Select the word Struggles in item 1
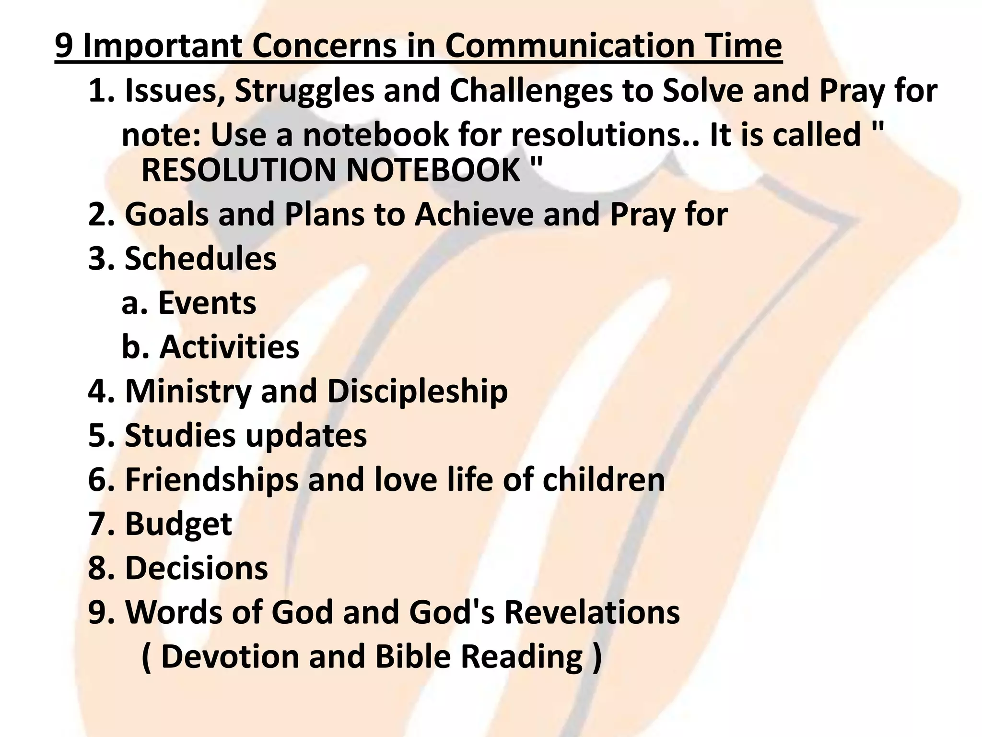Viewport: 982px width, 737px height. [304, 91]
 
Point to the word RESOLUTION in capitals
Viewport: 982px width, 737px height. [239, 170]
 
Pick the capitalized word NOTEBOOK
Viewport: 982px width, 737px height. [434, 170]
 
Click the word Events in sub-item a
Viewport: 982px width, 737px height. [207, 303]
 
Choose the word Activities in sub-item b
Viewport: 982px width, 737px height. [229, 347]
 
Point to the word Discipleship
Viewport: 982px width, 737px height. [417, 391]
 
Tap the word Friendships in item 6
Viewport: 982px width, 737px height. [211, 480]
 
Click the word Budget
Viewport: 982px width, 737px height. [178, 524]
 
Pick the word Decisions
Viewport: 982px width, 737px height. [196, 568]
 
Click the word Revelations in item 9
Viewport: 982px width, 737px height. [592, 612]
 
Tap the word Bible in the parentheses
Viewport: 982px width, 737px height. [413, 656]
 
